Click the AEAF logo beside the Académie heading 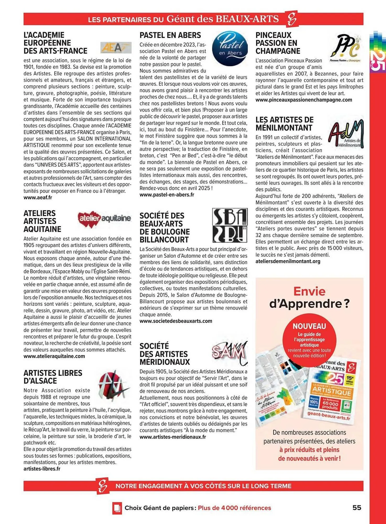116,47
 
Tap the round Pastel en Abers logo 230,48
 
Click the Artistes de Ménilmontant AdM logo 346,133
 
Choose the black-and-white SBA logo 230,225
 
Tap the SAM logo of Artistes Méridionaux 229,352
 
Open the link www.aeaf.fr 38,198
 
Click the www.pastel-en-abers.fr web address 167,195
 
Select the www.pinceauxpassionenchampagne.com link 304,100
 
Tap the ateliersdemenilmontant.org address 288,261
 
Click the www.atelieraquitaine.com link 54,356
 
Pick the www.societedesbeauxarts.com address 176,321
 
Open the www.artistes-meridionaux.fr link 173,437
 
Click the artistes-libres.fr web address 42,469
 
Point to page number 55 357,507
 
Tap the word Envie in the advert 309,291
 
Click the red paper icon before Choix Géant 117,508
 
